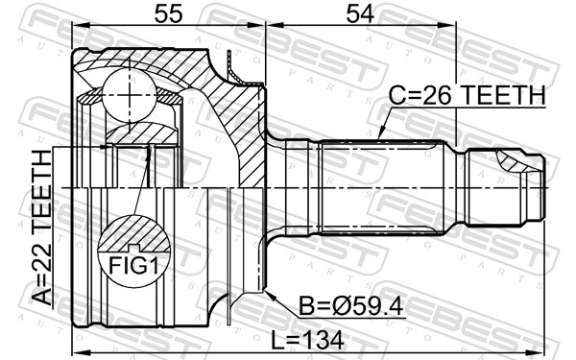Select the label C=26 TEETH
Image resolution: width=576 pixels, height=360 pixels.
[x=466, y=95]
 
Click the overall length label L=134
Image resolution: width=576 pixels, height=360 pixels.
[x=309, y=340]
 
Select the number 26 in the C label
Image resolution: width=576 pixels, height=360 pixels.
[x=425, y=95]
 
